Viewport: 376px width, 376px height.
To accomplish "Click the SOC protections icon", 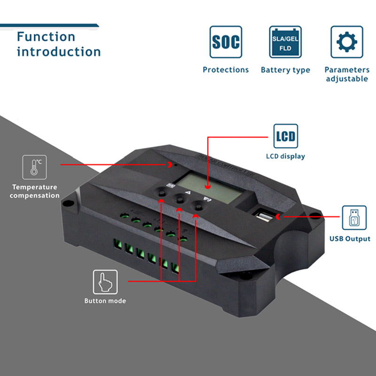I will pos(226,42).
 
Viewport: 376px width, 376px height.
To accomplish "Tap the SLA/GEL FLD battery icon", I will pos(285,42).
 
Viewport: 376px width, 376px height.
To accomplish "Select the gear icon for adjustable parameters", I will pos(346,42).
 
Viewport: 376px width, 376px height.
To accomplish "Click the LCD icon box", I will pos(286,136).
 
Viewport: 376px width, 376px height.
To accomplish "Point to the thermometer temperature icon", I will pos(34,167).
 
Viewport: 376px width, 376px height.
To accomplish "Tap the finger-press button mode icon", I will pos(105,282).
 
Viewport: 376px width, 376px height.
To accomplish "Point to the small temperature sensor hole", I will pos(175,165).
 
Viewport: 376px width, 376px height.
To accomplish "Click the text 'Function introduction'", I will pos(59,44).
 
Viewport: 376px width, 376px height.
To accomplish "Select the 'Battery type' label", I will pos(285,70).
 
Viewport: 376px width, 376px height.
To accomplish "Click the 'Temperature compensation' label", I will pos(35,191).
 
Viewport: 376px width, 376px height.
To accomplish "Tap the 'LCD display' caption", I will pos(286,156).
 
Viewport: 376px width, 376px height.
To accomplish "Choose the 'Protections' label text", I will pos(226,70).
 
